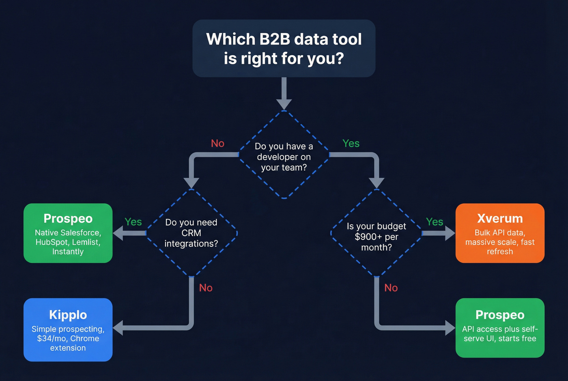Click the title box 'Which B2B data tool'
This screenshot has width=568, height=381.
(x=284, y=48)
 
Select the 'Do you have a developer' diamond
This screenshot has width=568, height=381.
(x=284, y=156)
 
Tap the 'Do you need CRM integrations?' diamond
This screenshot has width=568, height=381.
(x=191, y=233)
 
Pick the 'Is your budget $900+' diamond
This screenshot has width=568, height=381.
(x=377, y=236)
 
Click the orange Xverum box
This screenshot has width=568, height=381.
(x=500, y=233)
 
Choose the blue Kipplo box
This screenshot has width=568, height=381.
(x=68, y=329)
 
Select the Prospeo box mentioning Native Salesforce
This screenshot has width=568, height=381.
(x=68, y=233)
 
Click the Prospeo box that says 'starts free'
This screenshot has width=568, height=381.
(x=500, y=328)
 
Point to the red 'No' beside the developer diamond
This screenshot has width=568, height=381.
(x=217, y=143)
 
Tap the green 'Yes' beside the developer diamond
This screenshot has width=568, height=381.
(x=351, y=143)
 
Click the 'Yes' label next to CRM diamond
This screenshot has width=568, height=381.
(x=133, y=222)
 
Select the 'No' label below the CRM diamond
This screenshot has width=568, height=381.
(x=206, y=288)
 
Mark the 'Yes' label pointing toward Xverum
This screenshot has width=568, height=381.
(x=435, y=222)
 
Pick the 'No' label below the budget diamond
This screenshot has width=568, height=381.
(x=391, y=288)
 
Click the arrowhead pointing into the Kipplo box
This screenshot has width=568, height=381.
(x=118, y=327)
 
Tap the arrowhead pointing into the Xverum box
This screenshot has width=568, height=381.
(x=450, y=233)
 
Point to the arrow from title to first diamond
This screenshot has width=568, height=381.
(x=284, y=93)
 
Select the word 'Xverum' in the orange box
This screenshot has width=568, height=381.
(x=500, y=218)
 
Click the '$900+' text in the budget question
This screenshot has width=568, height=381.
(x=368, y=237)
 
